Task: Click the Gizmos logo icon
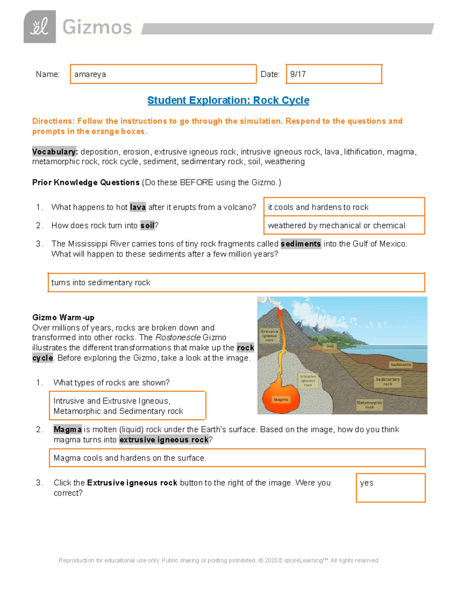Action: [40, 27]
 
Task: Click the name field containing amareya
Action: [163, 74]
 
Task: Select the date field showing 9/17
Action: [334, 74]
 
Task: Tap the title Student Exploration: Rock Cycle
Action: [228, 100]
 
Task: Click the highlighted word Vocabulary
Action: [55, 152]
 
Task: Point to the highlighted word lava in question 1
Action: [137, 207]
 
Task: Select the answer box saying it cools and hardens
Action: [344, 207]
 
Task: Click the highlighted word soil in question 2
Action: [147, 225]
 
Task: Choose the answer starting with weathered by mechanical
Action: [344, 225]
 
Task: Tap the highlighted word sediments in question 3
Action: [301, 244]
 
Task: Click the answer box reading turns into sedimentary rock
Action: [236, 282]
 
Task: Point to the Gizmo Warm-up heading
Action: [63, 318]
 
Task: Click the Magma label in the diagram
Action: [281, 399]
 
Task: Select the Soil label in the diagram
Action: [330, 346]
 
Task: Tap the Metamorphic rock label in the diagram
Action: [369, 405]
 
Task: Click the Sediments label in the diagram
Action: [401, 365]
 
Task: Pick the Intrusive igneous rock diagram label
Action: [308, 380]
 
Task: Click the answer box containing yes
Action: [391, 488]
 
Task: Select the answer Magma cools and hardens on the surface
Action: [237, 458]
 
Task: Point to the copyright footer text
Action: [218, 560]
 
